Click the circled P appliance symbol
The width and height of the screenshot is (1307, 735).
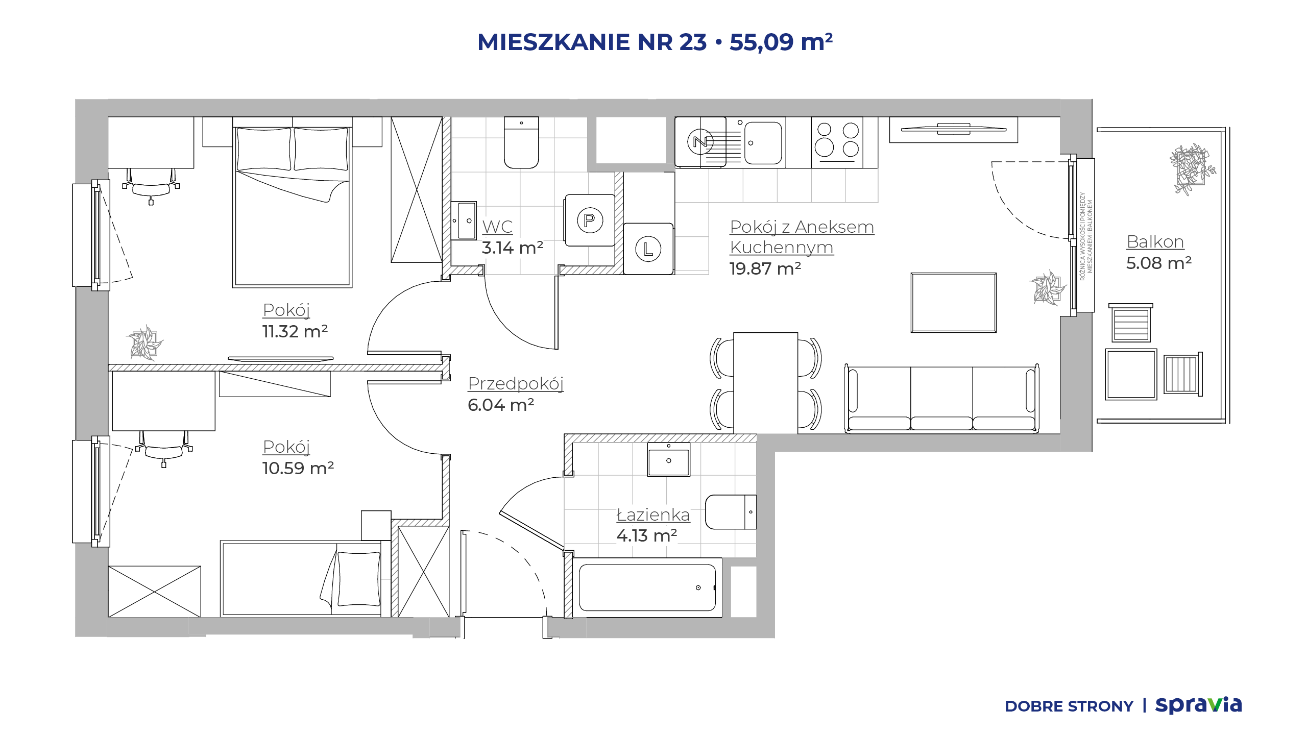[x=590, y=220]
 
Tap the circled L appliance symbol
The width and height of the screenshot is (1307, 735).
[x=648, y=249]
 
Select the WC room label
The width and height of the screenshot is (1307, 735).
[x=497, y=227]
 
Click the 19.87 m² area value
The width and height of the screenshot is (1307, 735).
[x=765, y=268]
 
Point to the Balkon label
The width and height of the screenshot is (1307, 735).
[x=1155, y=241]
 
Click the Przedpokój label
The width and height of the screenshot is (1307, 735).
[x=516, y=384]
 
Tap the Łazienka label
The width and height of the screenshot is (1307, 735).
[x=653, y=514]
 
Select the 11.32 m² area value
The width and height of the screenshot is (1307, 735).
[x=295, y=331]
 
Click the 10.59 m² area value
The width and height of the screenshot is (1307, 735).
[x=298, y=468]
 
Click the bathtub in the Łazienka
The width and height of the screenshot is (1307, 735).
[x=647, y=587]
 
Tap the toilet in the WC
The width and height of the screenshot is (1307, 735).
[x=521, y=142]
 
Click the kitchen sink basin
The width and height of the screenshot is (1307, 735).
[x=763, y=142]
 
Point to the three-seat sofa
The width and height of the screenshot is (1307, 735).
[x=941, y=399]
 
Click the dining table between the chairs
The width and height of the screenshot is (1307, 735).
[x=766, y=383]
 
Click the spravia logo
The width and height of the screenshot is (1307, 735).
[x=1199, y=705]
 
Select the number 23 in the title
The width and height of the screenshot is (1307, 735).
[x=693, y=42]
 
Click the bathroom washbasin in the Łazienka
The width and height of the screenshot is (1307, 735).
[x=669, y=459]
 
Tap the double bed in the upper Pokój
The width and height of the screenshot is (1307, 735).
[x=293, y=202]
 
